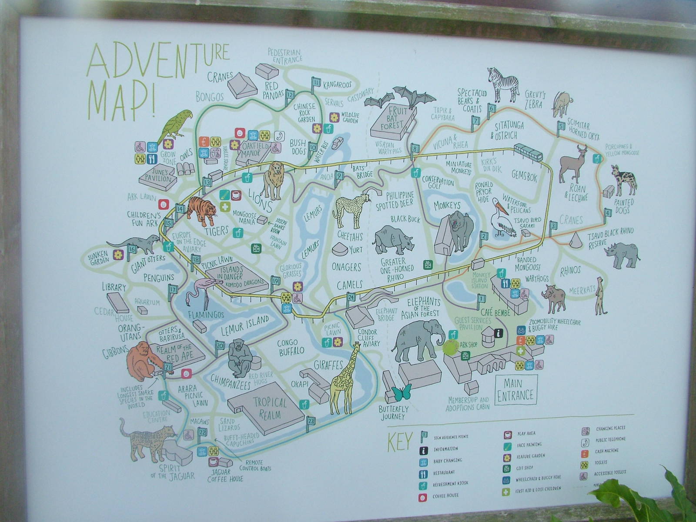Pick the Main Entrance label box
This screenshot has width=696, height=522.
pyautogui.click(x=516, y=390)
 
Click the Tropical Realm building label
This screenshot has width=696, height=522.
pyautogui.click(x=270, y=407)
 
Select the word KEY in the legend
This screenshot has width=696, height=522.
pyautogui.click(x=399, y=442)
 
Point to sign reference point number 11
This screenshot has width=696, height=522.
pyautogui.click(x=316, y=83)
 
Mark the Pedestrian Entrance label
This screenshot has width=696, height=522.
pyautogui.click(x=285, y=56)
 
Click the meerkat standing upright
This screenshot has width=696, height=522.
pyautogui.click(x=601, y=295)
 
